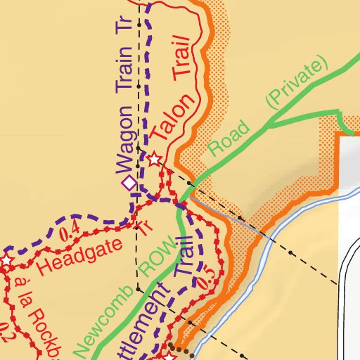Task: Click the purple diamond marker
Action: pos(129,184)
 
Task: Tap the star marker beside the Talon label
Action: pos(155,160)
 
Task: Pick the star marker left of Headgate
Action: pos(6,261)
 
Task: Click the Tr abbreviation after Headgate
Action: pos(145,226)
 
